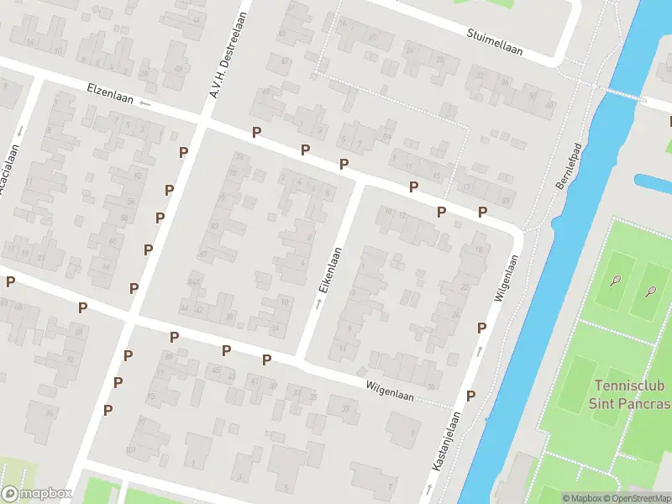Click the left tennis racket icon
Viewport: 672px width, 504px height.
[617, 281]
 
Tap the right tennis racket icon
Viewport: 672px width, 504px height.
[650, 291]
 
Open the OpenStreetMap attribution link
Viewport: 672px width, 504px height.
[638, 498]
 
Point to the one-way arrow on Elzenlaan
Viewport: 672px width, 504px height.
[145, 103]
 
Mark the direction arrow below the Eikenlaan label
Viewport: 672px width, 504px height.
[318, 302]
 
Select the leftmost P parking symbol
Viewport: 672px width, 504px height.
[10, 282]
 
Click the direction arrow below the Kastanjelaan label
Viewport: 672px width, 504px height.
[431, 487]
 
